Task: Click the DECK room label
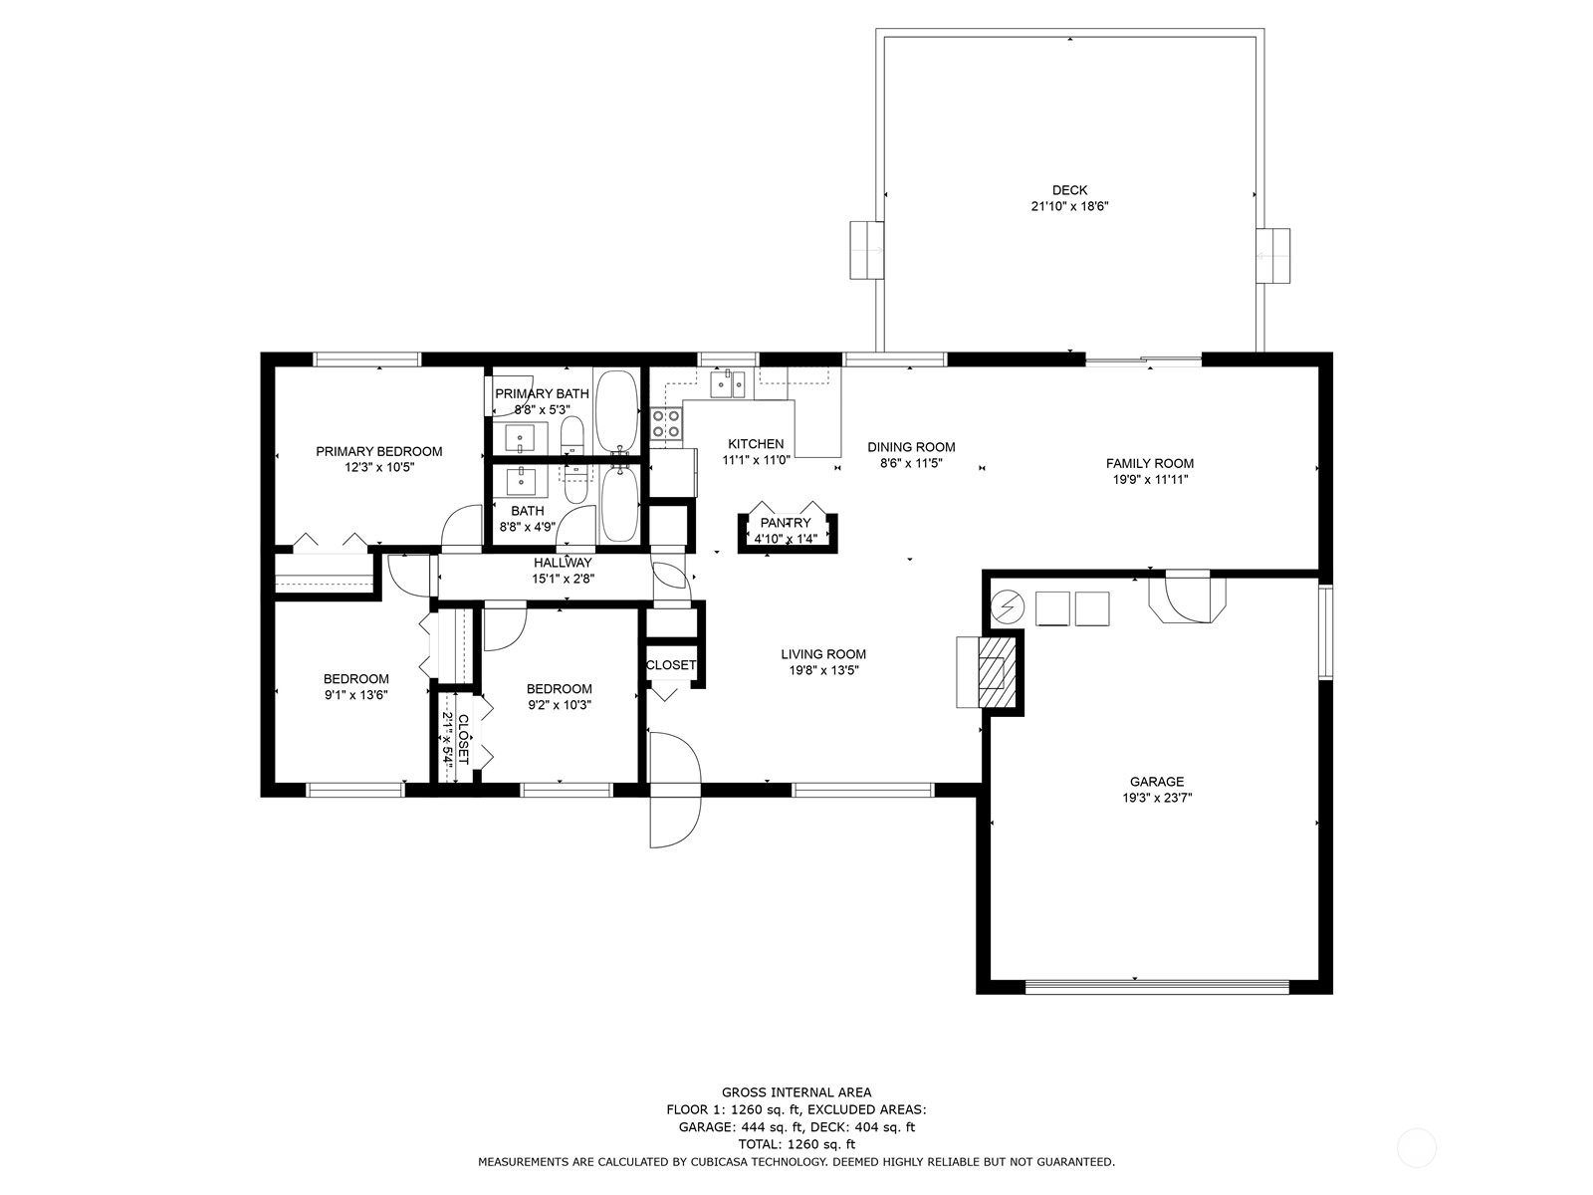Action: (1069, 190)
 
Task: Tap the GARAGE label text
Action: (1156, 782)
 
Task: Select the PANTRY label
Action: (786, 523)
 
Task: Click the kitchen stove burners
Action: (665, 424)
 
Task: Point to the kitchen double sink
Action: (728, 384)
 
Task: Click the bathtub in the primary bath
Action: (616, 411)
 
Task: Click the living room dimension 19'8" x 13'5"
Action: (823, 669)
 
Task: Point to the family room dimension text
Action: (1150, 479)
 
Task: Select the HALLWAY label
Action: (563, 563)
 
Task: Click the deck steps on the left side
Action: (866, 250)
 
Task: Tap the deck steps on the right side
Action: (1273, 255)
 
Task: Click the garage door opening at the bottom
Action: (1157, 986)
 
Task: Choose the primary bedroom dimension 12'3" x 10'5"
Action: (379, 467)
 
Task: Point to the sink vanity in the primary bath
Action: (520, 437)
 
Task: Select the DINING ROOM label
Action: (911, 447)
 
